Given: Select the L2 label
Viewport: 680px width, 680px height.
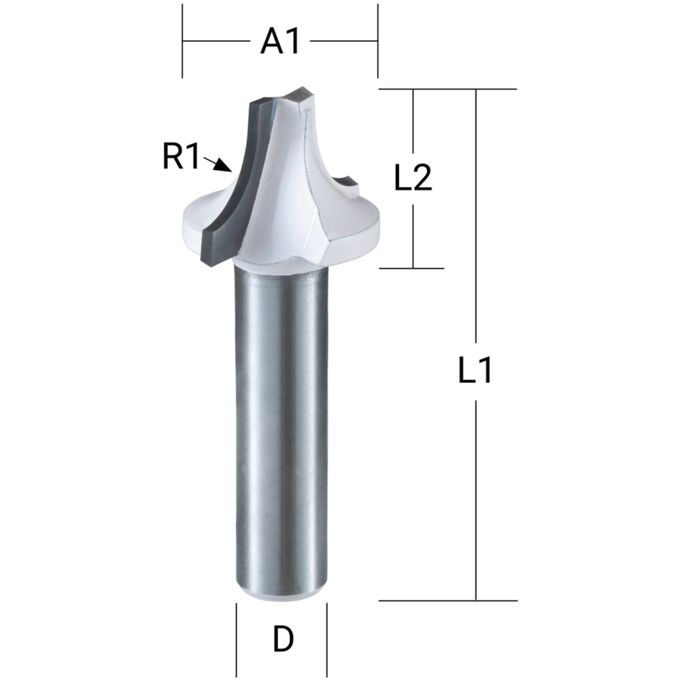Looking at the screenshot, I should pyautogui.click(x=413, y=179).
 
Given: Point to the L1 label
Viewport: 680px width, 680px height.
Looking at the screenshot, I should pyautogui.click(x=475, y=371).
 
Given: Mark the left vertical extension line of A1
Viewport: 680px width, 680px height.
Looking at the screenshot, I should pyautogui.click(x=183, y=41).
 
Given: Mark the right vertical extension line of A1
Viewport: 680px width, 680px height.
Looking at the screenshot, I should pyautogui.click(x=377, y=41).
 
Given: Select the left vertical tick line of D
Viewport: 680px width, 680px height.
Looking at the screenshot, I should pyautogui.click(x=236, y=629).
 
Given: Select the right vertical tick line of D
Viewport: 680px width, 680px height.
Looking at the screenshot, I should pyautogui.click(x=327, y=629).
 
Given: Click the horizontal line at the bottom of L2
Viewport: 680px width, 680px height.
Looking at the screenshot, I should pyautogui.click(x=411, y=268).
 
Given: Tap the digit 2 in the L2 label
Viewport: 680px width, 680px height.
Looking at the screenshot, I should pyautogui.click(x=423, y=179).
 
